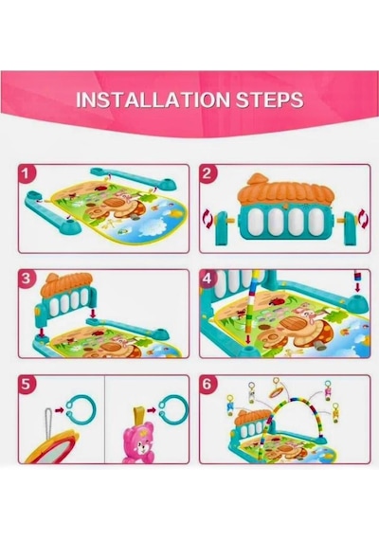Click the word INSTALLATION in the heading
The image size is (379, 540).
153,99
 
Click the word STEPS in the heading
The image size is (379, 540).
270,99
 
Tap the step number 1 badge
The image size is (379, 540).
26,172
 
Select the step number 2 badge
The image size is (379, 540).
207,172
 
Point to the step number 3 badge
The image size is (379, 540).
26,278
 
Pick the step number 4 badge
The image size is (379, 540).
207,278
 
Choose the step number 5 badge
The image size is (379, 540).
26,384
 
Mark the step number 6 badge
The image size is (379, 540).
207,384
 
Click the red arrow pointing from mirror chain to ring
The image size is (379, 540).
60,410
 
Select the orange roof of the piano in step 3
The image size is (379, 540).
66,284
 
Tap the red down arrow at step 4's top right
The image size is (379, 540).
357,287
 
